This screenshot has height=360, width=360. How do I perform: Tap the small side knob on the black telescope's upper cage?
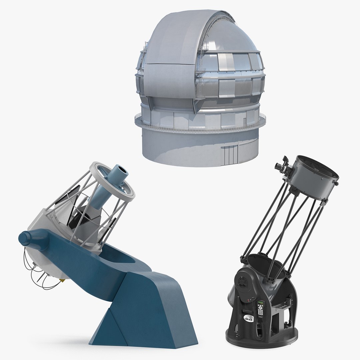[337, 183]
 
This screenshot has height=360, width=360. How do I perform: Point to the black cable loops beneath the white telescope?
[33, 270]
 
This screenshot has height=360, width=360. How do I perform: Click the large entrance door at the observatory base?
[231, 155]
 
